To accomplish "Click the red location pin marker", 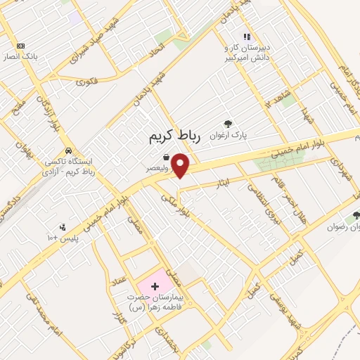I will coord(181,165).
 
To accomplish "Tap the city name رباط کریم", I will coord(175,136).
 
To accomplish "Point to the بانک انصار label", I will coord(20,56).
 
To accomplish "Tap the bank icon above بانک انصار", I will coord(20,45).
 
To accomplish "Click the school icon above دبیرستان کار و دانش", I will coord(246,36).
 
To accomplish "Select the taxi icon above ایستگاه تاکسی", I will coord(67,150).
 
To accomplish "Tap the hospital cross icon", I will coord(155,287).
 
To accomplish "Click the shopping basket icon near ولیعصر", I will coord(165,157).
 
